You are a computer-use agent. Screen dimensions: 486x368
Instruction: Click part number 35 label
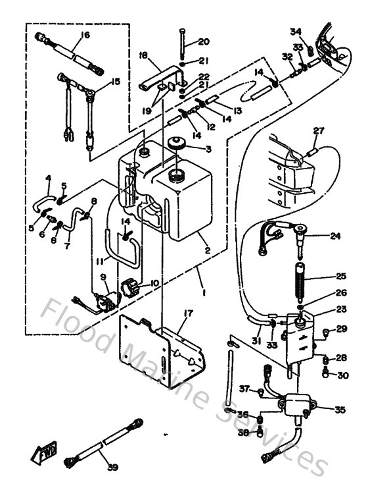[x=340, y=410]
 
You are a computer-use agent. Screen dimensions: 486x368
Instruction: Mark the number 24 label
[x=335, y=236]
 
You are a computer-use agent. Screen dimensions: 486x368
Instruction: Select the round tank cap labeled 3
[x=175, y=145]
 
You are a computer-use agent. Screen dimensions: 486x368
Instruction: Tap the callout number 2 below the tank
[x=207, y=250]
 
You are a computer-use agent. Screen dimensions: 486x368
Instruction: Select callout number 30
[x=343, y=375]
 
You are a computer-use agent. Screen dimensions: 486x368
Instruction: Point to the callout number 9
[x=103, y=279]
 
